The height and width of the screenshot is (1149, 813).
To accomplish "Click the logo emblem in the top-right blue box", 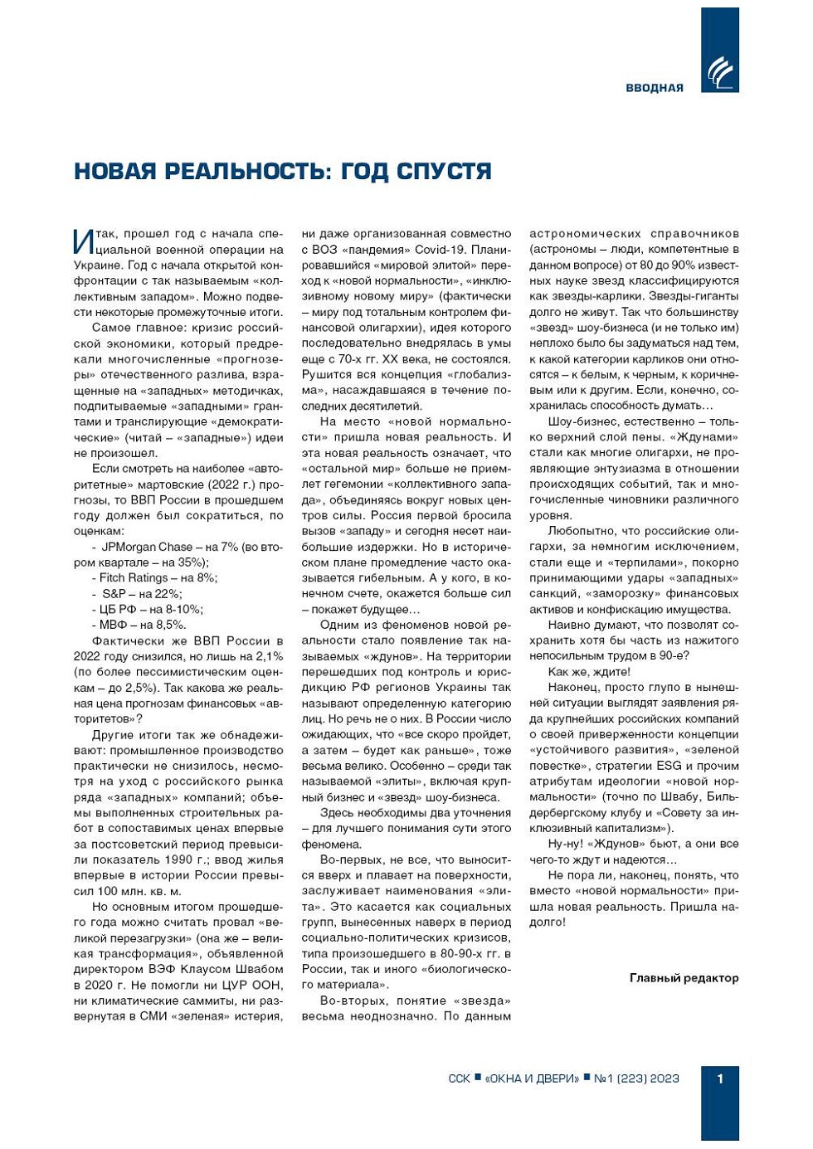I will click(719, 72).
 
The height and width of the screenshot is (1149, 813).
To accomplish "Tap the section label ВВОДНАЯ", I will click(655, 88).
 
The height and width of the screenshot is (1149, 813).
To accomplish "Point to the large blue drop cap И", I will click(83, 241).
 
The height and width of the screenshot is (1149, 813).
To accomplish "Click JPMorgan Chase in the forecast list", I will click(147, 547).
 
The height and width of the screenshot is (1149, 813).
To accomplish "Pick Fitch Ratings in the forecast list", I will click(134, 577).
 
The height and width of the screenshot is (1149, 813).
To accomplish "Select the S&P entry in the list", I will click(114, 593).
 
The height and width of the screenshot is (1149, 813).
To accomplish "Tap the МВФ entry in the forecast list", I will click(113, 625).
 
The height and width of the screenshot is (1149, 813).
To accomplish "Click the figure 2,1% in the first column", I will click(269, 656).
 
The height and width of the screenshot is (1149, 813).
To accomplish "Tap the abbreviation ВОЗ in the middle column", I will click(324, 249).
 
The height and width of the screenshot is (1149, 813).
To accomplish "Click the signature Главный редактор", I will click(684, 977).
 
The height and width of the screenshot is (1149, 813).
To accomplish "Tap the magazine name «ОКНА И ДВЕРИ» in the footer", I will click(532, 1078).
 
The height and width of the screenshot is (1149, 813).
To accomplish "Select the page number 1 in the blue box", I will click(719, 1078).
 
